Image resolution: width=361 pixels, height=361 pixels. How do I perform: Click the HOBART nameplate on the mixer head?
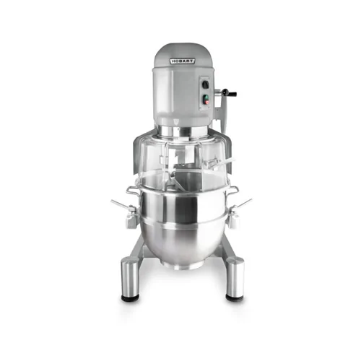click(183, 61)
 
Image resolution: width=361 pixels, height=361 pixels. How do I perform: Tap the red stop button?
click(207, 103)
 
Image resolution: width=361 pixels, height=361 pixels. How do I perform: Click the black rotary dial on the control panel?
click(205, 84)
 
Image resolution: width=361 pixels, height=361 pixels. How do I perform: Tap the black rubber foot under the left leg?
click(130, 299)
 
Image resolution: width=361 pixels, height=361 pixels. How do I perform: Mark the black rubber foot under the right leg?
click(235, 299)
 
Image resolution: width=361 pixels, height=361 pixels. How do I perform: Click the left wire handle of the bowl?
click(132, 191)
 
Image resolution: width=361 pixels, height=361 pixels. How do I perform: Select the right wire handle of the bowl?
click(232, 190)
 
